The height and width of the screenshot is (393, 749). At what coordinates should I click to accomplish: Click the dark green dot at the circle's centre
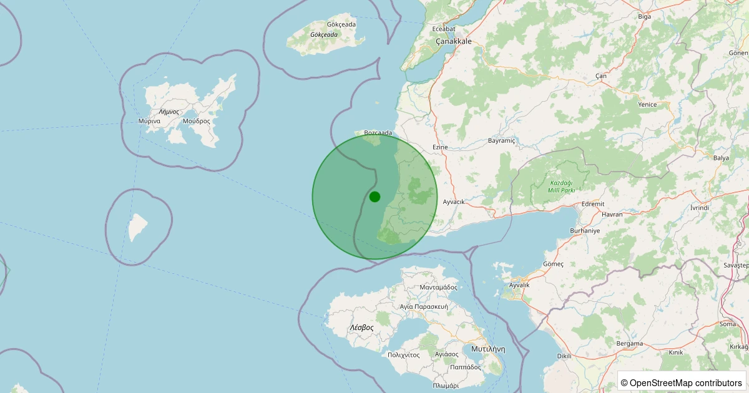tap(374, 196)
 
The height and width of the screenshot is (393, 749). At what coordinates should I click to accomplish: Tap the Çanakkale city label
tap(454, 41)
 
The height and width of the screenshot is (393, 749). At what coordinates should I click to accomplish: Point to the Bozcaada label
tap(378, 133)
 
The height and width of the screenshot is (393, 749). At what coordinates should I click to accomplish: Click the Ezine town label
tap(440, 147)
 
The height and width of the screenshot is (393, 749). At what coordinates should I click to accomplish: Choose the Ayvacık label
tap(454, 202)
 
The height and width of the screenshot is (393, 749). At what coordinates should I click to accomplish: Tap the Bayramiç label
tap(502, 141)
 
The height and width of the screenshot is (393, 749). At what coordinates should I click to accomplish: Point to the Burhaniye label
tap(585, 231)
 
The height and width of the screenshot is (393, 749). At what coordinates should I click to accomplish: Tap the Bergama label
tap(629, 344)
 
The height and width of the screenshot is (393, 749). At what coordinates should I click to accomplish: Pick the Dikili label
tap(564, 356)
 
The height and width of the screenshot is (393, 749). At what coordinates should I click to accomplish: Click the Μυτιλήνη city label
tap(488, 349)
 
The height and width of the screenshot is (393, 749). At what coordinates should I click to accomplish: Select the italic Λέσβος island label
tap(361, 327)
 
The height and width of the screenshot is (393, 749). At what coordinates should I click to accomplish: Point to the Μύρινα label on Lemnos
tap(150, 121)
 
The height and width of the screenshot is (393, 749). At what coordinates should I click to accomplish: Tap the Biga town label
tap(644, 17)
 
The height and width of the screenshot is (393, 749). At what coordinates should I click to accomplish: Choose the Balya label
tap(721, 158)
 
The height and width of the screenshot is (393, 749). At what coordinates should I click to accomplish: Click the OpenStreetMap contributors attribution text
tap(682, 382)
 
